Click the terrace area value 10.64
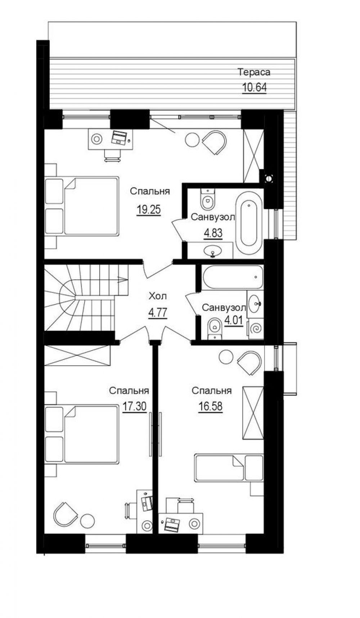pyautogui.click(x=254, y=87)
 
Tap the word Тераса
pyautogui.click(x=254, y=72)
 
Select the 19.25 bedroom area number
pyautogui.click(x=149, y=209)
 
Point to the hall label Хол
pyautogui.click(x=158, y=296)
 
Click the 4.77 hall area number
pyautogui.click(x=158, y=312)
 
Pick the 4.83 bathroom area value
pyautogui.click(x=213, y=233)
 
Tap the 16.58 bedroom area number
pyautogui.click(x=210, y=406)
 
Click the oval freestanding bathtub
pyautogui.click(x=249, y=224)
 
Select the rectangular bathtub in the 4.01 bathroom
pyautogui.click(x=233, y=277)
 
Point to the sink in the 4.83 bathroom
pyautogui.click(x=213, y=251)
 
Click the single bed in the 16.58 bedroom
pyautogui.click(x=229, y=468)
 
